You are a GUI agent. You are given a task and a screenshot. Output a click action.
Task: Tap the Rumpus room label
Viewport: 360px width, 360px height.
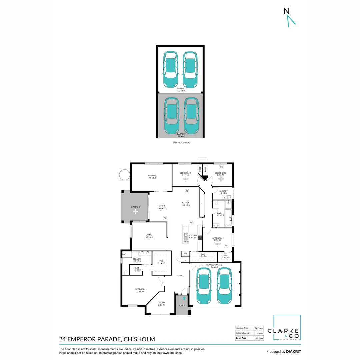tap(152, 177)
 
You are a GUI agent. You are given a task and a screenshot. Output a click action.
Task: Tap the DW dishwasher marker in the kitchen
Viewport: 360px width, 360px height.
tap(186, 241)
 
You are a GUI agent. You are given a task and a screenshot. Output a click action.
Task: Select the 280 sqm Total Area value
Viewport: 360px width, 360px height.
tap(259, 338)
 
